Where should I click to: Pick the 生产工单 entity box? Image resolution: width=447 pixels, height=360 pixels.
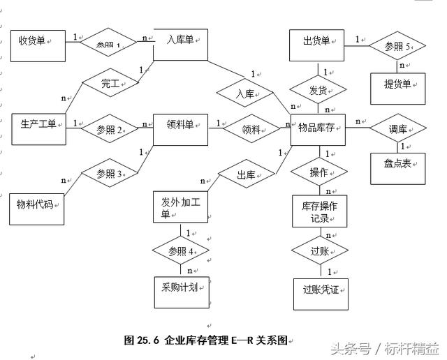click(39, 127)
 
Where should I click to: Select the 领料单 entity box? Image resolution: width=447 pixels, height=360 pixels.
click(181, 128)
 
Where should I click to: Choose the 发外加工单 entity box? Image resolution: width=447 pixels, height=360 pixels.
click(181, 207)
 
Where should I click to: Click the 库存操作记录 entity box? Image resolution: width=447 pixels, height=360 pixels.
click(319, 211)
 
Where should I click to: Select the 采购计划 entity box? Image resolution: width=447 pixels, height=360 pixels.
click(182, 291)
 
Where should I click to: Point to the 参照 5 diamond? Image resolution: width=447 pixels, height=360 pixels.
click(397, 47)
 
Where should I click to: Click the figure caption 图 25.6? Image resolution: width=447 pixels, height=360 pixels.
click(205, 340)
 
